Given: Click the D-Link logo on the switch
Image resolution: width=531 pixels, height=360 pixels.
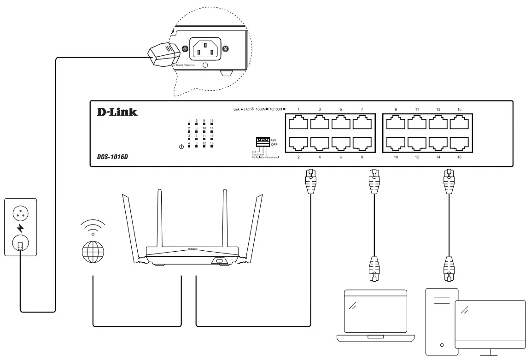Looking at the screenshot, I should coord(117,112).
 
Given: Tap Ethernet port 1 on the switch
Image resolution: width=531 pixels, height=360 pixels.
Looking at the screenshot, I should coord(299,123).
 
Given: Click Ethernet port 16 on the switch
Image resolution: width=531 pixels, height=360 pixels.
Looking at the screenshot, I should coord(459,144).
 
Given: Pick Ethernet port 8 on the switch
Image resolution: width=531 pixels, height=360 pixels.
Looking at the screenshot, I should coord(362,144).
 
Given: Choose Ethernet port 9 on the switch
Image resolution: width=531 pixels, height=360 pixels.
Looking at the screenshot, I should coord(396,123).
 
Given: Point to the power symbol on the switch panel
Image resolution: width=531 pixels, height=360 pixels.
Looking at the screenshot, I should coord(181,148).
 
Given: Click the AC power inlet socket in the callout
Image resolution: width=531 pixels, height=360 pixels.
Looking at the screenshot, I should coord(203,48).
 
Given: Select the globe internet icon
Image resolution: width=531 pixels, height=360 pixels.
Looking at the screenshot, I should coord(93,252).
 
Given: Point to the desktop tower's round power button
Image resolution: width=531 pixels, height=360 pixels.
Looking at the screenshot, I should coord(442,345).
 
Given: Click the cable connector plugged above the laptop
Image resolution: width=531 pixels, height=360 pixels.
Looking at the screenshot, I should coord(374,270).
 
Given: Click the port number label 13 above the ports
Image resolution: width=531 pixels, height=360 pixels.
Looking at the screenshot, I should coord(438,109).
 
